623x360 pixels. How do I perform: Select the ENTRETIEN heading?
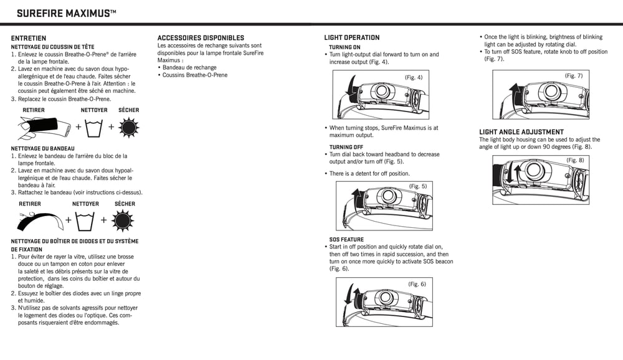pyautogui.click(x=29, y=38)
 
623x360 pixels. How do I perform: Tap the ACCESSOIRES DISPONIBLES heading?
pyautogui.click(x=201, y=38)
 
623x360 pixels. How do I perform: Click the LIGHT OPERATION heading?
pyautogui.click(x=351, y=38)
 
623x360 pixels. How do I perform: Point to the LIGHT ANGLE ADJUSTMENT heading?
pyautogui.click(x=521, y=132)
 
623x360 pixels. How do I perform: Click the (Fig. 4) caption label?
pyautogui.click(x=414, y=77)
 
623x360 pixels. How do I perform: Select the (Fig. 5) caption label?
pyautogui.click(x=418, y=187)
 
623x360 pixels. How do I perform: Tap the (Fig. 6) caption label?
pyautogui.click(x=417, y=284)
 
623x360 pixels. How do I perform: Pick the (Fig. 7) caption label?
pyautogui.click(x=573, y=75)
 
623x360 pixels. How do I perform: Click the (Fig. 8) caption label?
pyautogui.click(x=575, y=161)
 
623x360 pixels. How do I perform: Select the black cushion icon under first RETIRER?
pyautogui.click(x=45, y=126)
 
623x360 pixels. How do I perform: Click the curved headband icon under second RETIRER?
pyautogui.click(x=40, y=220)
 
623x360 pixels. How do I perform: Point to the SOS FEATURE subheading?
pyautogui.click(x=346, y=240)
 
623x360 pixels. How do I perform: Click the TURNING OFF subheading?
pyautogui.click(x=346, y=148)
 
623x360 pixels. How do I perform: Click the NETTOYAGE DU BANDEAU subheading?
pyautogui.click(x=43, y=149)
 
